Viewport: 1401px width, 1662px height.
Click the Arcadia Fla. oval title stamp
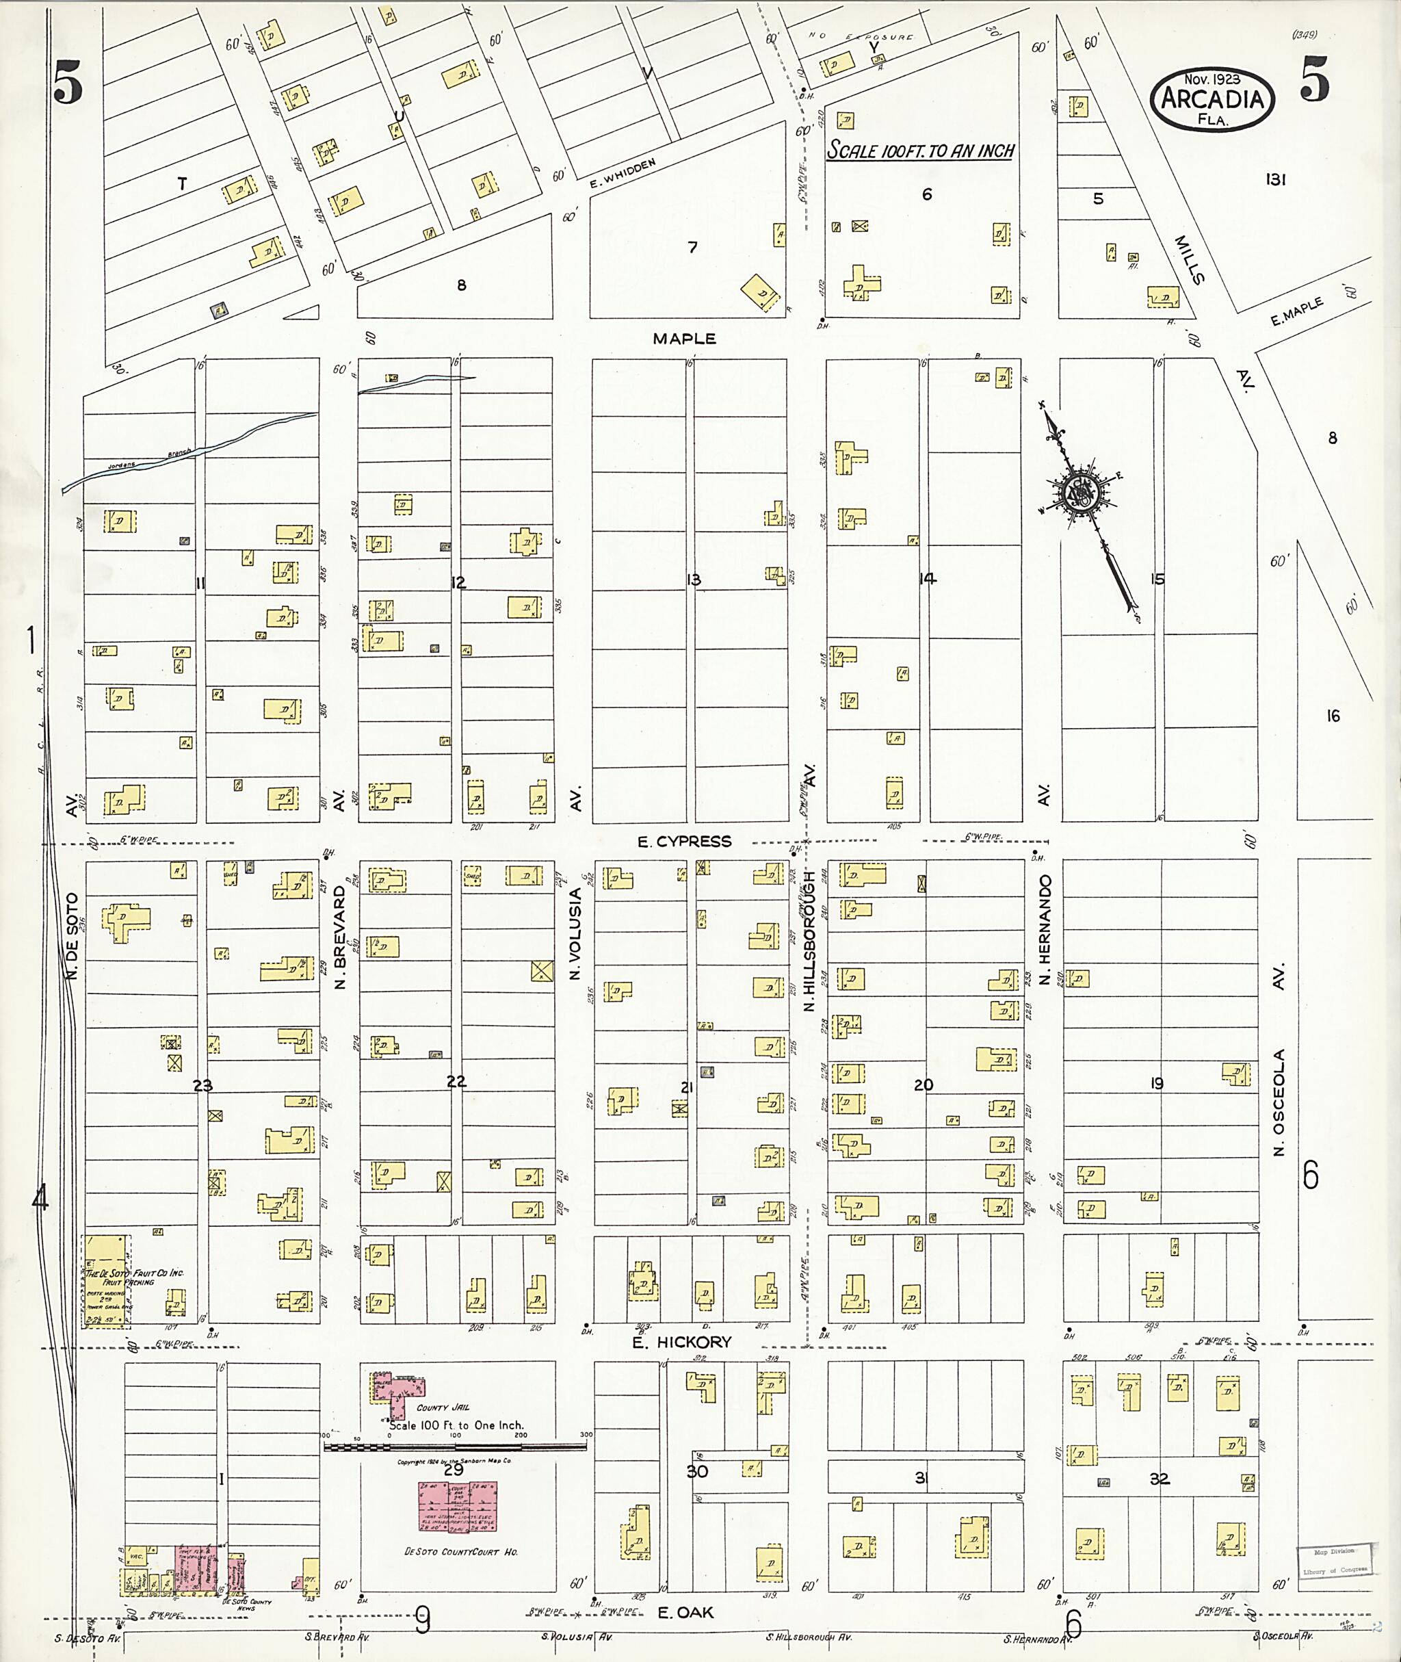[1212, 99]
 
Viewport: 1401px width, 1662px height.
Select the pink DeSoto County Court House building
[458, 1505]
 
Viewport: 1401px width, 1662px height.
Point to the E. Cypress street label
[684, 842]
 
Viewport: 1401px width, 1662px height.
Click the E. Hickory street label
[681, 1342]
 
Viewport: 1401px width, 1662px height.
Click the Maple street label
[684, 339]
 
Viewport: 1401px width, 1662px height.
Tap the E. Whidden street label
[623, 174]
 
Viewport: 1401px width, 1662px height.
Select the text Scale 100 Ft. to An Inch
[921, 150]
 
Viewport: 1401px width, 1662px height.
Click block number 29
[454, 1470]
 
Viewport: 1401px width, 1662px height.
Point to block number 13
[694, 580]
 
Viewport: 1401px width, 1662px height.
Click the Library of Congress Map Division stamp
[1334, 1560]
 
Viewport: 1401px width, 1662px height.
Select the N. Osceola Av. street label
[1278, 1060]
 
